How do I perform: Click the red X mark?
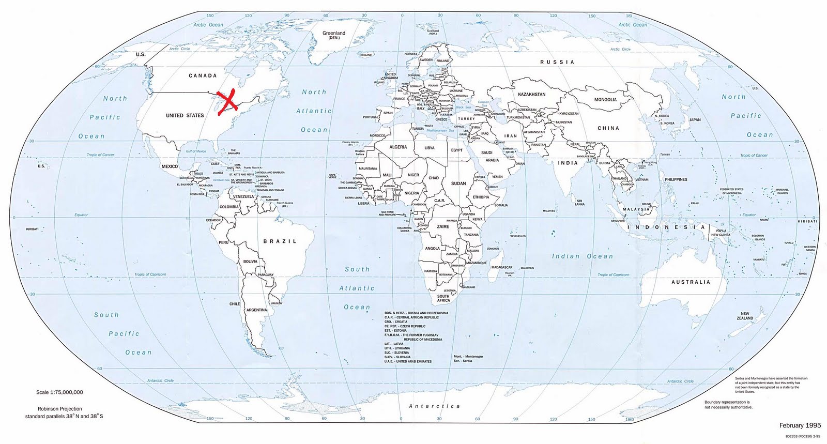click(227, 100)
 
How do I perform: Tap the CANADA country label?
click(203, 75)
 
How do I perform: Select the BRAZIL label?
click(280, 241)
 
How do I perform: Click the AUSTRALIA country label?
click(691, 282)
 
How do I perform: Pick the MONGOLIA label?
click(605, 100)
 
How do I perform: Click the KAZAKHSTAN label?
click(531, 95)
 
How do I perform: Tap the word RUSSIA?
click(557, 62)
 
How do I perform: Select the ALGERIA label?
click(398, 147)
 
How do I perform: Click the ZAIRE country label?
click(443, 226)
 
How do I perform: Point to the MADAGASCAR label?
click(502, 267)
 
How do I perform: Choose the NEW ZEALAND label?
click(745, 316)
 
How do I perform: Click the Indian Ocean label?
click(582, 256)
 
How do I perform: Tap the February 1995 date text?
click(800, 425)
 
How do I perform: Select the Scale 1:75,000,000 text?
click(59, 392)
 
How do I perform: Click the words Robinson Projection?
click(60, 409)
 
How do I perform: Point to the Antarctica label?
click(434, 406)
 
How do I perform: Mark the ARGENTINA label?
click(256, 310)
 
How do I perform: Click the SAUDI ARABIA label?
click(489, 156)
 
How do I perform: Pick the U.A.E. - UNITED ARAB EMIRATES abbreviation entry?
click(408, 361)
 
